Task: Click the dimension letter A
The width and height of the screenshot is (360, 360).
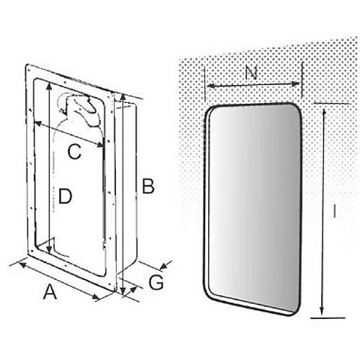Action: [50, 292]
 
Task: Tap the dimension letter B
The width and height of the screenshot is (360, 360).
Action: [148, 186]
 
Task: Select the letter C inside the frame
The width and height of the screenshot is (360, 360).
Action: [74, 151]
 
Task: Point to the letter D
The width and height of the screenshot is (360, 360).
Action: [65, 196]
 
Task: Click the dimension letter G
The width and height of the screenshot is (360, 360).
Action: [156, 282]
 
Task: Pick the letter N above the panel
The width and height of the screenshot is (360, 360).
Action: [251, 73]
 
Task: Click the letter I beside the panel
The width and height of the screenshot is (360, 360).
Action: [334, 211]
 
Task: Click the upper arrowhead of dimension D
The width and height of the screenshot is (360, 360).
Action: [49, 86]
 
